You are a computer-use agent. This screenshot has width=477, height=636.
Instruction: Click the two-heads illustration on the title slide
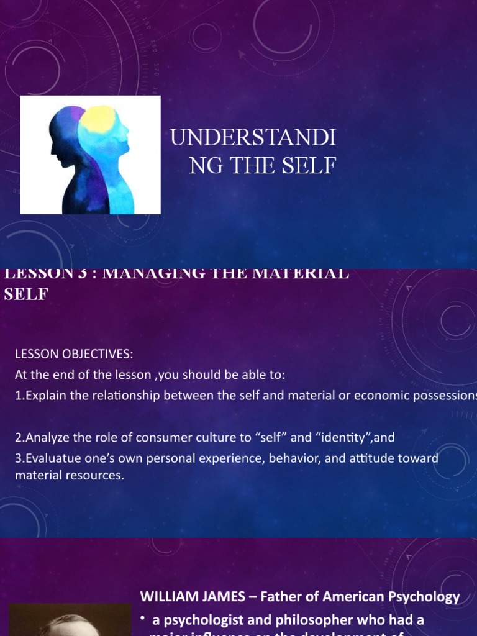click(91, 155)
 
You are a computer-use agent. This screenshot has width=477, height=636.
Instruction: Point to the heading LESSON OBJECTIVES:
click(74, 354)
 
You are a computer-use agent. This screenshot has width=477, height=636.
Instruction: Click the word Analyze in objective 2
click(44, 437)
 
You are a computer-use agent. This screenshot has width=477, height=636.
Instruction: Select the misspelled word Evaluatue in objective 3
click(48, 458)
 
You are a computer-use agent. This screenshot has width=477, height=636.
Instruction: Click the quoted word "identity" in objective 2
click(344, 437)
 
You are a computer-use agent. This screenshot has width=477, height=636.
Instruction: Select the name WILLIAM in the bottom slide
click(166, 597)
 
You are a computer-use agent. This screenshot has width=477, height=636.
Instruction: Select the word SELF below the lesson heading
click(26, 294)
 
